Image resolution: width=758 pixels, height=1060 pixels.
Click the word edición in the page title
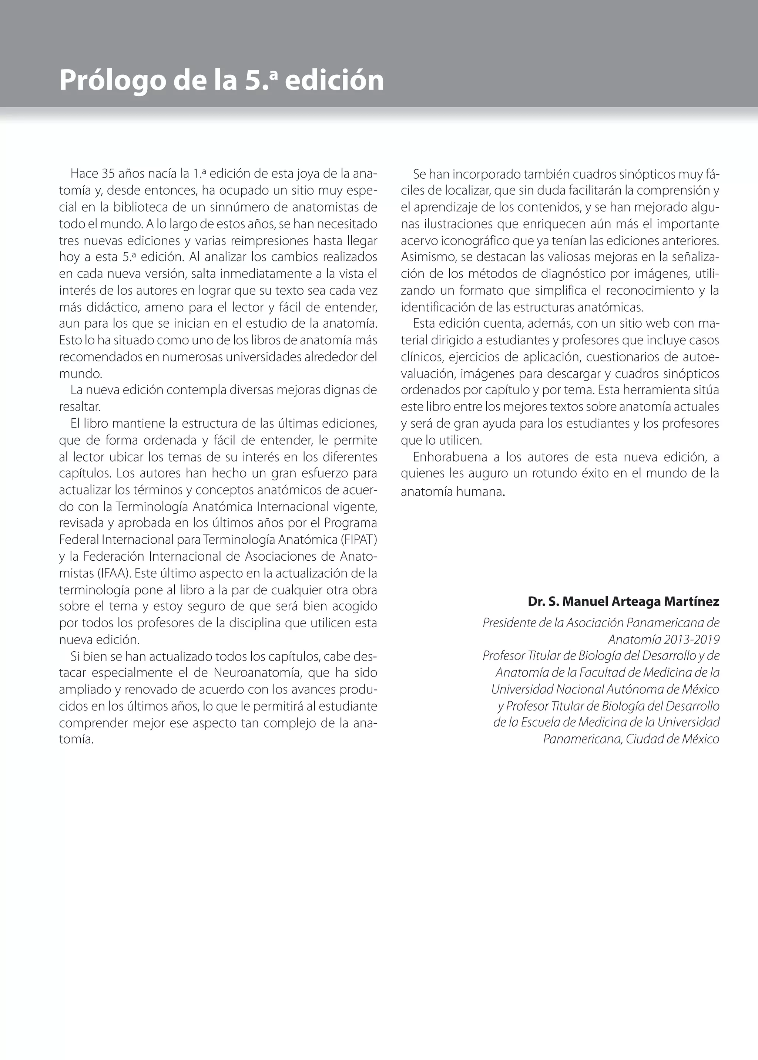[334, 81]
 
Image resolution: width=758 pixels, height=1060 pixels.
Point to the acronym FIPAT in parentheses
[359, 540]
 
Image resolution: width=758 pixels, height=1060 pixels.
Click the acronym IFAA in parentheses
[114, 573]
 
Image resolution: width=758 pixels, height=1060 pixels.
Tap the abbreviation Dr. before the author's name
[535, 602]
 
